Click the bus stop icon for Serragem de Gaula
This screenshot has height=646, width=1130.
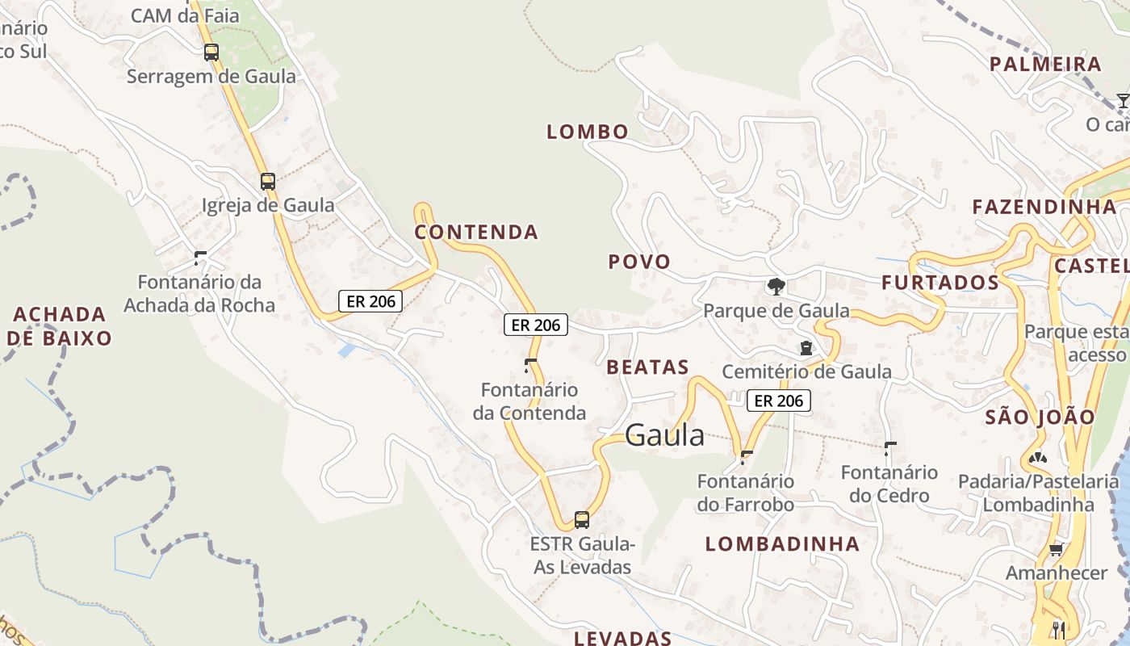(x=211, y=52)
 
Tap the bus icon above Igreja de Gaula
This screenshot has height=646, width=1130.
(x=268, y=182)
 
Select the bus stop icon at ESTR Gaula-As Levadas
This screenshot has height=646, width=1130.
(x=581, y=519)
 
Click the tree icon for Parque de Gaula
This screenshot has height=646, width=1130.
(x=776, y=286)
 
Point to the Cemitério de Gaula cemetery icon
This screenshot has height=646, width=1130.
(x=805, y=348)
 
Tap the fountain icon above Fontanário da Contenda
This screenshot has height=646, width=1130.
(x=530, y=365)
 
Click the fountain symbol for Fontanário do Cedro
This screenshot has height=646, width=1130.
(x=890, y=448)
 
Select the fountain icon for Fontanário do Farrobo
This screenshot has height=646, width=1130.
(x=746, y=457)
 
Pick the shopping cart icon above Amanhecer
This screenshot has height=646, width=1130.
(x=1056, y=550)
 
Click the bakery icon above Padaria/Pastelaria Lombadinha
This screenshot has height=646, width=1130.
(x=1038, y=458)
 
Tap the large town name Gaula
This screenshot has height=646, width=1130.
(x=664, y=436)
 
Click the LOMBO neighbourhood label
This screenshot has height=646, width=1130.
(x=588, y=132)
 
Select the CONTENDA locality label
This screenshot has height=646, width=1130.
(x=476, y=233)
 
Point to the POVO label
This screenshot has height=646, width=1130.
(x=639, y=262)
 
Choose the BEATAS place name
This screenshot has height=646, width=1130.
(x=647, y=367)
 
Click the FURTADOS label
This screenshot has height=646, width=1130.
(x=940, y=283)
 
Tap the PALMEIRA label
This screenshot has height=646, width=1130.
(x=1045, y=65)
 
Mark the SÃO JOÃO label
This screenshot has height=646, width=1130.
(x=1040, y=417)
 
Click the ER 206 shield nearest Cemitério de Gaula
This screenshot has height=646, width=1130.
(x=778, y=400)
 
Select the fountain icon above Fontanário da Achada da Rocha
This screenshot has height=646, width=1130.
(x=200, y=258)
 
